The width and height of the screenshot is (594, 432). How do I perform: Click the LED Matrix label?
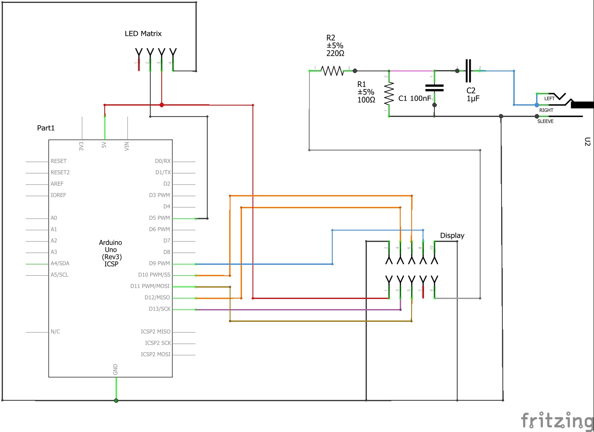[143, 34]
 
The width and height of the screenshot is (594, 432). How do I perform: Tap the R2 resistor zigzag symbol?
[333, 71]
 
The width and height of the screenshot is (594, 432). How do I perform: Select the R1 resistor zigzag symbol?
[389, 93]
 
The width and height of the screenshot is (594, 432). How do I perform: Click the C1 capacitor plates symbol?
[434, 88]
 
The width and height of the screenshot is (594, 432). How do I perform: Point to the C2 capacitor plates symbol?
[468, 71]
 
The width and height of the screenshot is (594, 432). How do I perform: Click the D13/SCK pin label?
[160, 309]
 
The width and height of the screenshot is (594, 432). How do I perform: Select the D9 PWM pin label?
[159, 264]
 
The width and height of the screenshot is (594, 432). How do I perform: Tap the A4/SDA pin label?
[60, 264]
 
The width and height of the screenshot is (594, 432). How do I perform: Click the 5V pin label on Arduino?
[104, 145]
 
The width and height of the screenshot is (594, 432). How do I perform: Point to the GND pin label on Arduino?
[116, 369]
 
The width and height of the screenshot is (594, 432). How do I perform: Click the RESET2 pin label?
[60, 172]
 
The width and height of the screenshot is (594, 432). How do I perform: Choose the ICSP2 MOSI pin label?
[155, 354]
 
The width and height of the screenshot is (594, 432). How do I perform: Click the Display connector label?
[452, 236]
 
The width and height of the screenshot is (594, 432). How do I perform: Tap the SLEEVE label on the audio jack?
[545, 121]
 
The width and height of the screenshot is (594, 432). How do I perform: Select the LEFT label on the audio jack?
[549, 98]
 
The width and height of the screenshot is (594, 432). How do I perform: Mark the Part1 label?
[46, 128]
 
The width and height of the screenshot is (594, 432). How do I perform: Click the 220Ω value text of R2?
[335, 54]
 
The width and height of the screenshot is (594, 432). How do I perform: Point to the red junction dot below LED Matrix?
[162, 105]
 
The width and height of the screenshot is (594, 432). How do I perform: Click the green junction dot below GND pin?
[116, 400]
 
